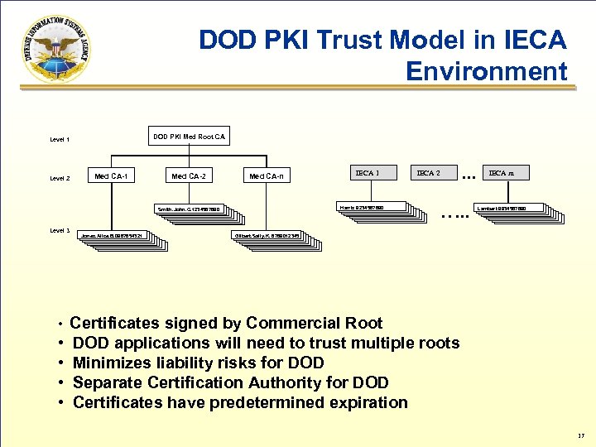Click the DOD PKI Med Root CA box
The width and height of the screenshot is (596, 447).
pyautogui.click(x=190, y=136)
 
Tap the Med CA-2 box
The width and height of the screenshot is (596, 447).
pyautogui.click(x=188, y=175)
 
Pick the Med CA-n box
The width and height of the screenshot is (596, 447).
pyautogui.click(x=267, y=175)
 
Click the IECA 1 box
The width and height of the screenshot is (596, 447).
pyautogui.click(x=367, y=173)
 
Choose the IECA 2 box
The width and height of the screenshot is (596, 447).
pyautogui.click(x=428, y=173)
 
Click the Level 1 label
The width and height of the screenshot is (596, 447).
pyautogui.click(x=60, y=140)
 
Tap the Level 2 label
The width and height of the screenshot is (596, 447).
pyautogui.click(x=60, y=178)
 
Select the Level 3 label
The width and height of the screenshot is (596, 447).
pyautogui.click(x=60, y=231)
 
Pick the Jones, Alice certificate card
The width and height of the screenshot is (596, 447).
pyautogui.click(x=116, y=236)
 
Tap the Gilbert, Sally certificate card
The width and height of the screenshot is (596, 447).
pyautogui.click(x=273, y=236)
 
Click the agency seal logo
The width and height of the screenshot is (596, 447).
pyautogui.click(x=51, y=50)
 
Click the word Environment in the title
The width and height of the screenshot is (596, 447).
pyautogui.click(x=487, y=71)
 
